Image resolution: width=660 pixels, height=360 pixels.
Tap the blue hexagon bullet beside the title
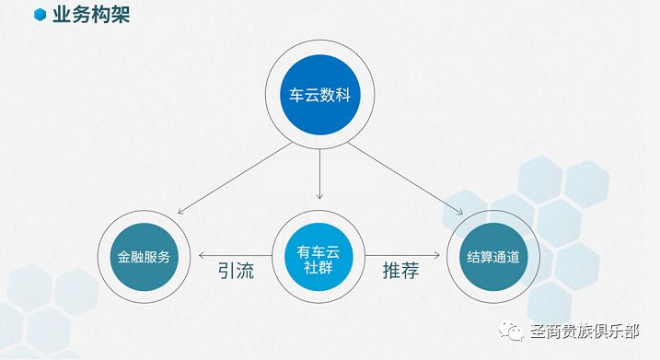pyautogui.click(x=40, y=15)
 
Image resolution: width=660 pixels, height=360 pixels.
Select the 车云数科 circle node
pyautogui.click(x=319, y=95)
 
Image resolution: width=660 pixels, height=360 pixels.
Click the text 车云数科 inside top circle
pyautogui.click(x=319, y=95)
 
